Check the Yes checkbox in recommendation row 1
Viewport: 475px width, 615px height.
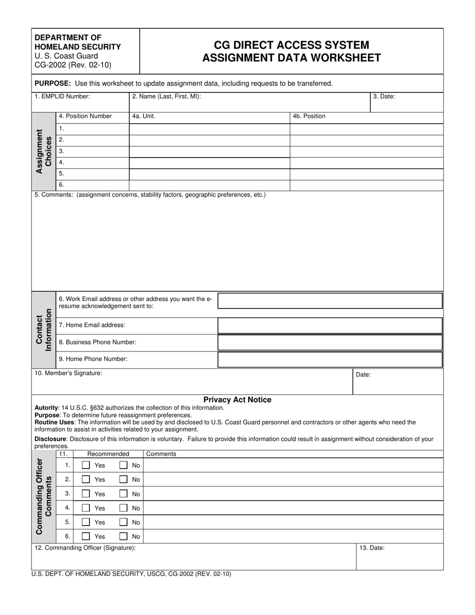(86, 465)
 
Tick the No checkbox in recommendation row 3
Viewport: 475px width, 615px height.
(123, 493)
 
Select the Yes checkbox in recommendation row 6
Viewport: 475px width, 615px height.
(86, 536)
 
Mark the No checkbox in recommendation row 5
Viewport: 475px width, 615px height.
(123, 522)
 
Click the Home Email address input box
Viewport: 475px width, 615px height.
(330, 325)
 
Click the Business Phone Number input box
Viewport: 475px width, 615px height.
(330, 342)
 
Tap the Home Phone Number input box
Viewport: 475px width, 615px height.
(330, 359)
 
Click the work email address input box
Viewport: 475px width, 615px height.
(330, 301)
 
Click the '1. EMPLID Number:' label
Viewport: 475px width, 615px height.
(62, 96)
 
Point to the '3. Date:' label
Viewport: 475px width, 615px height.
(384, 96)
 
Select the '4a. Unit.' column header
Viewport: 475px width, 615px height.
(143, 116)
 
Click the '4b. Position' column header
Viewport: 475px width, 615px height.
(309, 116)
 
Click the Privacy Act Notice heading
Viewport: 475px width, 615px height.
(237, 399)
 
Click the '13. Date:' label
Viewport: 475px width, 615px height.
(372, 548)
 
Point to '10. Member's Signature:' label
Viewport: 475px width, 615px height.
(68, 373)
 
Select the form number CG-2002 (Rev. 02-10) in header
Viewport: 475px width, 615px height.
(73, 65)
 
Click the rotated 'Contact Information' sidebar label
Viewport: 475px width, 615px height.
(44, 330)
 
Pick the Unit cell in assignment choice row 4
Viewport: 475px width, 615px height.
(209, 162)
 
